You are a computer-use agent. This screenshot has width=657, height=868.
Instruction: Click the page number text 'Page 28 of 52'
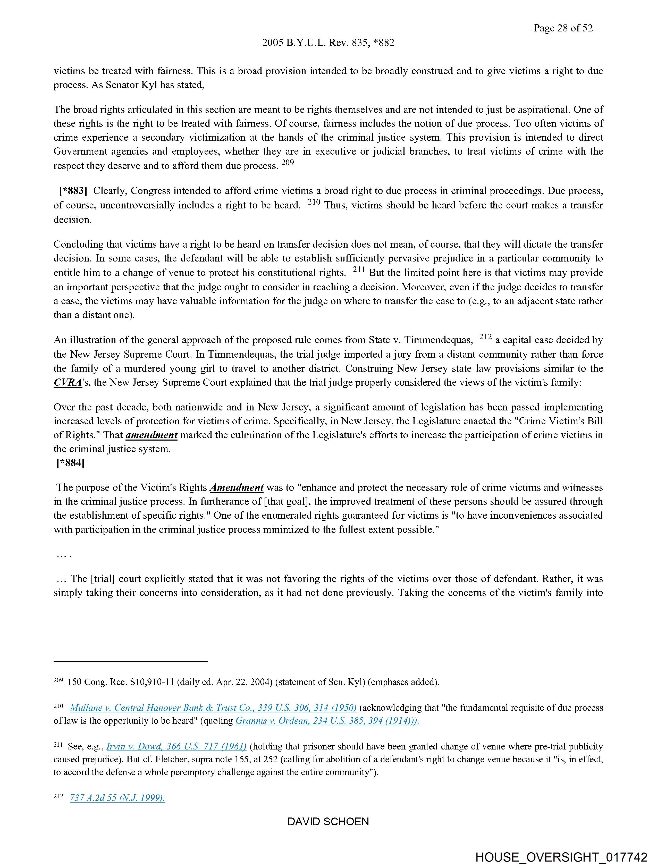(563, 28)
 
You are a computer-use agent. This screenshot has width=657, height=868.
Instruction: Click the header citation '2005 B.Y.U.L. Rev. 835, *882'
(328, 43)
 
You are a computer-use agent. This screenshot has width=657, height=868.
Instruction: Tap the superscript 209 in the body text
(288, 163)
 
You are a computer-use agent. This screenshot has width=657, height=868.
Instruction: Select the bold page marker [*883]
(73, 191)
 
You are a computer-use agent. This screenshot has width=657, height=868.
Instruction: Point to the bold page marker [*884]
(71, 463)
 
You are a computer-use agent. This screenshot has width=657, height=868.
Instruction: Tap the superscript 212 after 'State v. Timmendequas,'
(485, 337)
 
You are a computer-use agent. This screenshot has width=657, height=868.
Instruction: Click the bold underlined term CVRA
(68, 383)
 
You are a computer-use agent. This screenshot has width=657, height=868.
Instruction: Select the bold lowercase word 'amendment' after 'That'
(151, 435)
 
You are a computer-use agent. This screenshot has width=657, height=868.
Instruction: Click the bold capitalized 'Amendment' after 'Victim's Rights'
(237, 488)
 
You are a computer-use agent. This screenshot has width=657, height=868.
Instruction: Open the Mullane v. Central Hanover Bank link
(213, 708)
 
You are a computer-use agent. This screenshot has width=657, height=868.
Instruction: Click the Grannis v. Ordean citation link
(327, 721)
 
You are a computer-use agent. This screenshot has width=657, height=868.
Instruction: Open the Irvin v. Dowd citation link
(176, 746)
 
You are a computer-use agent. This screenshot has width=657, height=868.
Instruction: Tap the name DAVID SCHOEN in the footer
(328, 822)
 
